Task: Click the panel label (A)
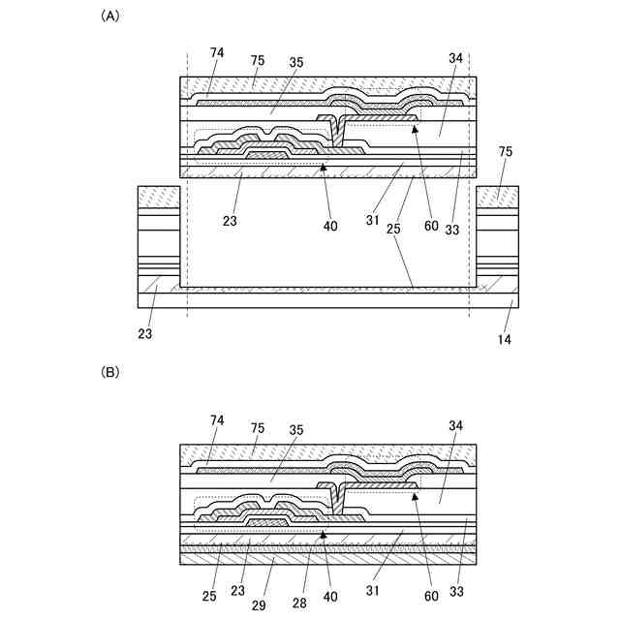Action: (x=109, y=16)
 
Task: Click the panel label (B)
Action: (x=109, y=372)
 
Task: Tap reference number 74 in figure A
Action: (x=218, y=51)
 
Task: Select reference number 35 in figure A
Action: (x=295, y=61)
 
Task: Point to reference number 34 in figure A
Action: (x=455, y=58)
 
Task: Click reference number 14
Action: (x=505, y=339)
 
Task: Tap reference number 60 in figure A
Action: (x=432, y=228)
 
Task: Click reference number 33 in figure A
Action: (x=452, y=230)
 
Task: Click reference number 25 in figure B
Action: (x=211, y=596)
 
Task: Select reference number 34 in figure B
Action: (x=455, y=424)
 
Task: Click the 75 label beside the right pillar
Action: (x=505, y=152)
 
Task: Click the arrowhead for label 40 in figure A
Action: (x=324, y=168)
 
